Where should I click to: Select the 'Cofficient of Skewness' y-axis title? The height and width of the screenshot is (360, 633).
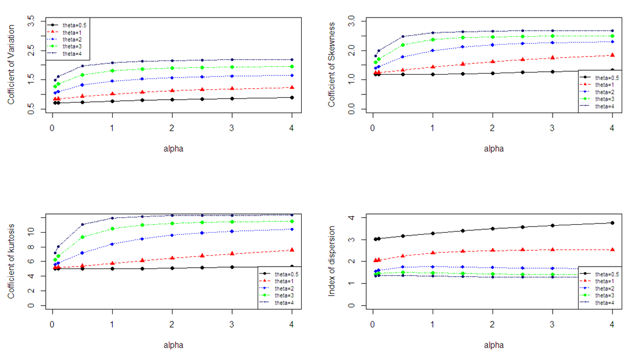pyautogui.click(x=332, y=65)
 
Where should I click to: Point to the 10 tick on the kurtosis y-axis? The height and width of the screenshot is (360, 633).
pyautogui.click(x=33, y=232)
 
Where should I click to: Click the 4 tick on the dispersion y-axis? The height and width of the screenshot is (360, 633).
pyautogui.click(x=352, y=218)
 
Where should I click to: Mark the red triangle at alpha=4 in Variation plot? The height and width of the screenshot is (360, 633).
pyautogui.click(x=292, y=87)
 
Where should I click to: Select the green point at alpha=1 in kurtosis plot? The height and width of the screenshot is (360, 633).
pyautogui.click(x=112, y=229)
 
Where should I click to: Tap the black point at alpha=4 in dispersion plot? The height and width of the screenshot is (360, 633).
pyautogui.click(x=612, y=223)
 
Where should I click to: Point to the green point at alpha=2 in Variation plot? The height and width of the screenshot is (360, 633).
pyautogui.click(x=172, y=68)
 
